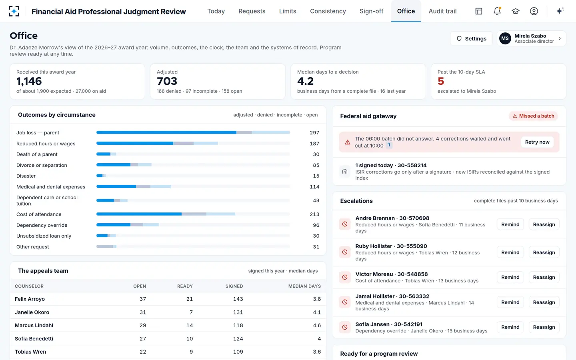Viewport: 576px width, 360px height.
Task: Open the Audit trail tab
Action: point(442,11)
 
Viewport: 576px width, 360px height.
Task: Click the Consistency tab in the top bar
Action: point(328,11)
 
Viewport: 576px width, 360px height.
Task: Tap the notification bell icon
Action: point(497,11)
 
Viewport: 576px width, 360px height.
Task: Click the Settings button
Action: point(471,38)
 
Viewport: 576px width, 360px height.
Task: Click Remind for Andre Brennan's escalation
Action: point(510,224)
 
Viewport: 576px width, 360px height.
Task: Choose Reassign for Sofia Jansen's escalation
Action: point(544,327)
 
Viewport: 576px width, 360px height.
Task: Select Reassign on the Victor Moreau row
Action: point(544,277)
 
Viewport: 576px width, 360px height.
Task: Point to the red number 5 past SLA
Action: point(441,81)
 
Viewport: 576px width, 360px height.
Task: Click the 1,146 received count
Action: point(29,81)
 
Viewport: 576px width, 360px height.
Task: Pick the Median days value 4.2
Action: point(305,81)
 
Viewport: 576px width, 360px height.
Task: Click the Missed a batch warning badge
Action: point(533,116)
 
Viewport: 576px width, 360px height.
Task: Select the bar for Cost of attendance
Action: point(166,214)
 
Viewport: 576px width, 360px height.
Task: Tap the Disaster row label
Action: point(26,176)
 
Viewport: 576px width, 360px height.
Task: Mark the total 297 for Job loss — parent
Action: point(314,133)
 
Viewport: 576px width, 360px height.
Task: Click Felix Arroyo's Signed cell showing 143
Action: point(238,299)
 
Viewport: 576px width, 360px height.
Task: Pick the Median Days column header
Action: point(304,286)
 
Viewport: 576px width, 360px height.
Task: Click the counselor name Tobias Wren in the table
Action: point(30,352)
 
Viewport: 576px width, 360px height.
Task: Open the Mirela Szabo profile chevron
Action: point(560,38)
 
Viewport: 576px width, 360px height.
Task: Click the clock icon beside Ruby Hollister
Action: point(344,252)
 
